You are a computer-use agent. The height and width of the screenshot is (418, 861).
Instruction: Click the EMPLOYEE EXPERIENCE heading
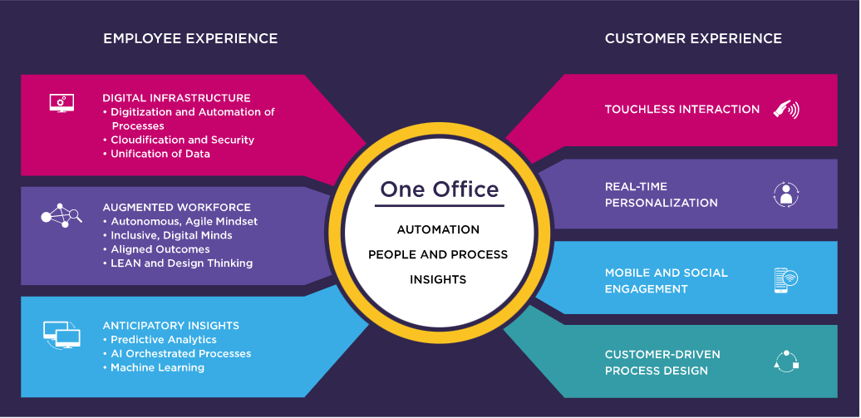click(x=190, y=38)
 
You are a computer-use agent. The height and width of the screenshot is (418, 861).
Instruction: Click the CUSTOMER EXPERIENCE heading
click(x=693, y=38)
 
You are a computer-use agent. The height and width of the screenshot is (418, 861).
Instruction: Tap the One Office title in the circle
click(x=440, y=189)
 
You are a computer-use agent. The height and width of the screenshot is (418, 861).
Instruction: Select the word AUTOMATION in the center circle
click(x=438, y=229)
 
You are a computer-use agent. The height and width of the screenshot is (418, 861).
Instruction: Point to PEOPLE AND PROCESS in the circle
click(x=438, y=254)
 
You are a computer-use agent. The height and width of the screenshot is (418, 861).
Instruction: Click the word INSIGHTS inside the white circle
click(x=438, y=279)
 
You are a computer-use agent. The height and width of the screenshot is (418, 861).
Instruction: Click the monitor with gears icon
click(x=61, y=103)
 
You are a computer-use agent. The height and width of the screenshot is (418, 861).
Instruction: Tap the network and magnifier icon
click(x=61, y=215)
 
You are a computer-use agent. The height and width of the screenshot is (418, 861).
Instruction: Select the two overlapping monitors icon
click(x=61, y=335)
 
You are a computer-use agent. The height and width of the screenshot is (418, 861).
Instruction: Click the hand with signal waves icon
click(x=786, y=110)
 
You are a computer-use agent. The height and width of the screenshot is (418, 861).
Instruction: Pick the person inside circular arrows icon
click(x=786, y=194)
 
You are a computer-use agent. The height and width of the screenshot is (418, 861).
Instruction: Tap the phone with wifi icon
click(x=785, y=280)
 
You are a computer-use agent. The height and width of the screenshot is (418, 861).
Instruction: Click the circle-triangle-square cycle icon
click(x=786, y=361)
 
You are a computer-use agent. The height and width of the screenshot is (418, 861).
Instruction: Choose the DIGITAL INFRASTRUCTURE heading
click(x=176, y=98)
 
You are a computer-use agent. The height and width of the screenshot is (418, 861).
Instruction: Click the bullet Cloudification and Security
click(x=179, y=140)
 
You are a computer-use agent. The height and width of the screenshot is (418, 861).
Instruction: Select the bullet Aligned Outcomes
click(x=156, y=249)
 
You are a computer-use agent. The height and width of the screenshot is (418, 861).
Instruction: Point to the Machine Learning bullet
click(x=154, y=367)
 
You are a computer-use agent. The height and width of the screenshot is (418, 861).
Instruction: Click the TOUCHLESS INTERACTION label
click(x=682, y=110)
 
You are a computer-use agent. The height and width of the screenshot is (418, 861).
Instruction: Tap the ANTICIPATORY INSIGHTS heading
click(x=170, y=326)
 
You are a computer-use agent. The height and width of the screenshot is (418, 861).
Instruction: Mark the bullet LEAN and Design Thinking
click(x=178, y=263)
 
